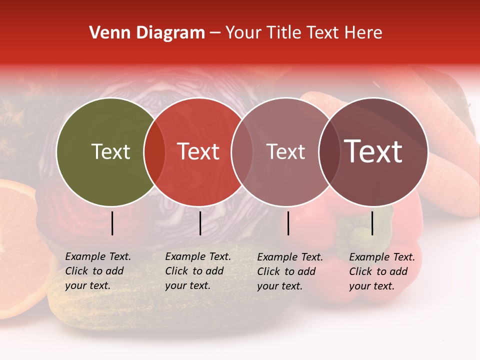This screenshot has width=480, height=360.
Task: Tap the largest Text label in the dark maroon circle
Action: tap(373, 151)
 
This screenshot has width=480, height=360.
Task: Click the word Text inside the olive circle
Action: tap(110, 151)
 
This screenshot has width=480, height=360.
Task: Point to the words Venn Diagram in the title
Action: tap(147, 33)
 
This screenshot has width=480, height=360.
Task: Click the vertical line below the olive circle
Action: tap(112, 223)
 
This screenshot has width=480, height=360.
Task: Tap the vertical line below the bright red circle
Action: tap(200, 223)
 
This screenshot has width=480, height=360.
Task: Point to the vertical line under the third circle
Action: tap(288, 223)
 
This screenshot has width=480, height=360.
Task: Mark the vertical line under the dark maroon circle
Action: tap(372, 223)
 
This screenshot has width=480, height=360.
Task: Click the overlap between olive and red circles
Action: tap(154, 152)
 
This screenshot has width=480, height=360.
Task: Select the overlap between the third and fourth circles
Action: tap(329, 152)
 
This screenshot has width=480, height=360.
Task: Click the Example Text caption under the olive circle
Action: tap(98, 271)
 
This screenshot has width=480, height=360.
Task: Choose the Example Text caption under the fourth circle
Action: tap(382, 271)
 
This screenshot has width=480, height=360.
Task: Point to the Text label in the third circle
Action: tap(285, 151)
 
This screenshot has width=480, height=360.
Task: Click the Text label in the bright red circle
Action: tap(198, 151)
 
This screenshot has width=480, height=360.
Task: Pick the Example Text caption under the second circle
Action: tap(198, 271)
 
